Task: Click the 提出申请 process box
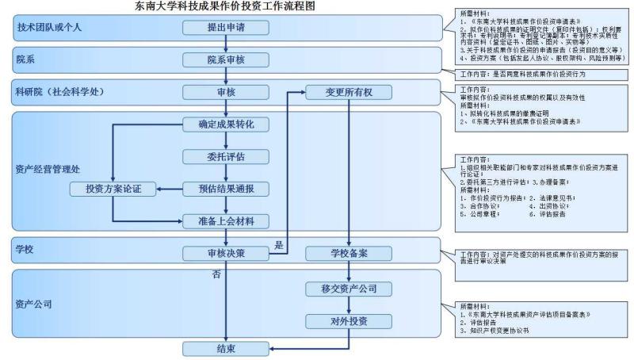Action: pyautogui.click(x=227, y=28)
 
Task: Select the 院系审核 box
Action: pyautogui.click(x=227, y=60)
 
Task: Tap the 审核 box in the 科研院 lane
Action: pyautogui.click(x=227, y=93)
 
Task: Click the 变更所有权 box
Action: pyautogui.click(x=349, y=93)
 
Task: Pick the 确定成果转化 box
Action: pyautogui.click(x=227, y=125)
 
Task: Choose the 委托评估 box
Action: pyautogui.click(x=227, y=156)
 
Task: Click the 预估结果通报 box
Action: pyautogui.click(x=227, y=189)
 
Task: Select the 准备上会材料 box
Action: pyautogui.click(x=227, y=220)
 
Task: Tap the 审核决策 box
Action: pyautogui.click(x=227, y=254)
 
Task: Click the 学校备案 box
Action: pyautogui.click(x=349, y=254)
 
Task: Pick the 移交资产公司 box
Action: pyautogui.click(x=349, y=288)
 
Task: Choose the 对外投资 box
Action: pyautogui.click(x=349, y=321)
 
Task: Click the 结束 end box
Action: pyautogui.click(x=227, y=349)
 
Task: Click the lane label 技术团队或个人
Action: pyautogui.click(x=50, y=28)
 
